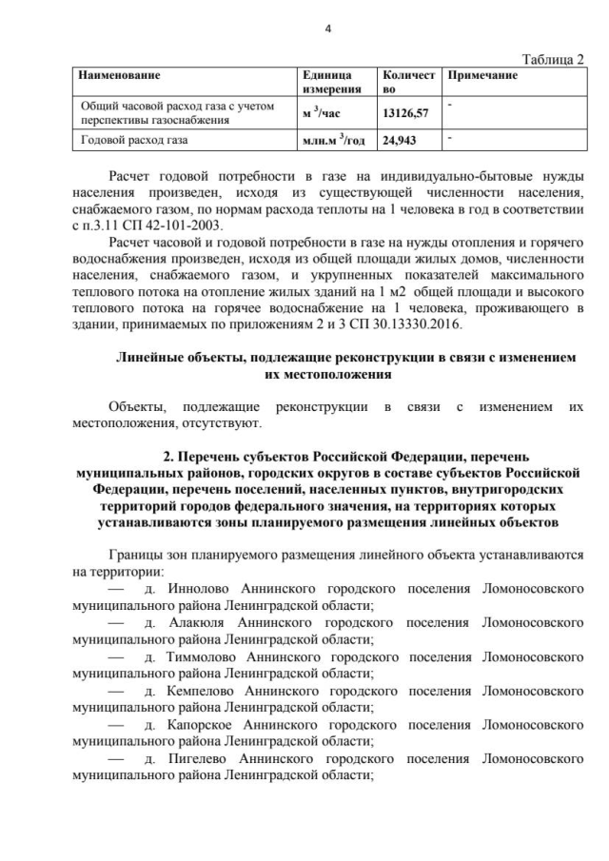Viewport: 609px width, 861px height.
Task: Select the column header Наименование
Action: [x=119, y=75]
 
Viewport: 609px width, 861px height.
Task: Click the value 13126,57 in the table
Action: [x=406, y=112]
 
